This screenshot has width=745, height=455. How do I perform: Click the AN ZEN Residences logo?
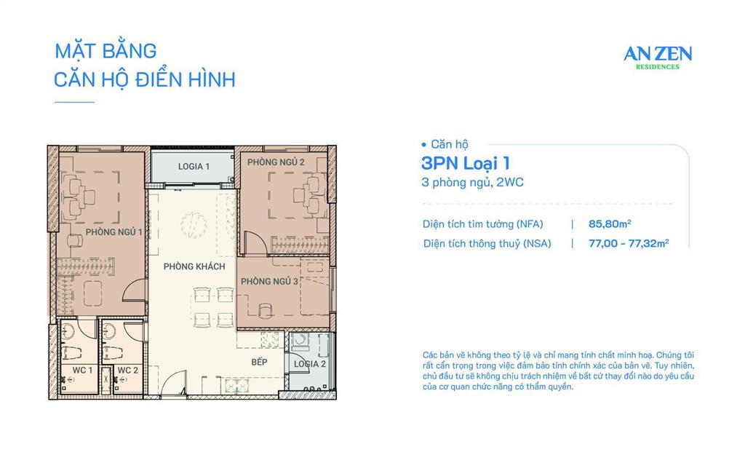click(658, 56)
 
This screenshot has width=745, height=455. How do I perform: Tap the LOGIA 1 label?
click(194, 167)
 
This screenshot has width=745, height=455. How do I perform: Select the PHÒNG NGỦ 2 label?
click(276, 162)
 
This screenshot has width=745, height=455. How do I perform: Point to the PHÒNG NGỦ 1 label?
click(113, 232)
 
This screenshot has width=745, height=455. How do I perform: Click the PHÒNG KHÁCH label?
click(194, 266)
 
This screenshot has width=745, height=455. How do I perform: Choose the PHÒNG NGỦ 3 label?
click(269, 281)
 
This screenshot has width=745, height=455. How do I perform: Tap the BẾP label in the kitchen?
click(260, 362)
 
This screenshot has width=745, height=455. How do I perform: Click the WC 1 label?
click(81, 371)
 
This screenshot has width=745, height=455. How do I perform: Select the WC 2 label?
click(127, 371)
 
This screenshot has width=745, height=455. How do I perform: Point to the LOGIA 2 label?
click(310, 364)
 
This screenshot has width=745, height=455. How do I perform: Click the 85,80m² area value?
click(609, 224)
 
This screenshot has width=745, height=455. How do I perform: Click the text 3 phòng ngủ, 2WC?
click(472, 183)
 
